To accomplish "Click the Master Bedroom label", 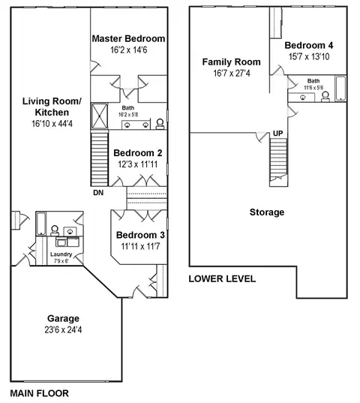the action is (x=128, y=38).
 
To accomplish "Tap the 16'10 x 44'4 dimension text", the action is (x=52, y=124).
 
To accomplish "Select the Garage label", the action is (x=63, y=318).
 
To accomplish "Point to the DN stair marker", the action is (x=98, y=193).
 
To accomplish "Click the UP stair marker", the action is (x=277, y=134).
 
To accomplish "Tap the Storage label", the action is (x=267, y=212).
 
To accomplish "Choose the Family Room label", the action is (x=231, y=62).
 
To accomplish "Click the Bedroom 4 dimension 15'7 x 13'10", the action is (x=309, y=56).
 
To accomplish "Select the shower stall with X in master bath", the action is (x=100, y=116).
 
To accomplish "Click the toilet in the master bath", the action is (x=160, y=124).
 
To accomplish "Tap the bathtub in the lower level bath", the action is (x=340, y=89).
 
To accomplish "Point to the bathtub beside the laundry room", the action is (x=41, y=224).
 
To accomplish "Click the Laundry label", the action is (x=61, y=254).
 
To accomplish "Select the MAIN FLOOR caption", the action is (x=39, y=393).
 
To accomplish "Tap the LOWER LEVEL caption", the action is (x=222, y=279).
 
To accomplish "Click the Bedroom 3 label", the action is (x=140, y=235).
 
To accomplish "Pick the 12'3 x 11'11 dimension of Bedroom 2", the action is (x=138, y=164).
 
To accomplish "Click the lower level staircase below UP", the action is (x=278, y=162).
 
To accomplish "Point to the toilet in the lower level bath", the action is (x=325, y=97).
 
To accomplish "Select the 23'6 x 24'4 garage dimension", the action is (x=63, y=329).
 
